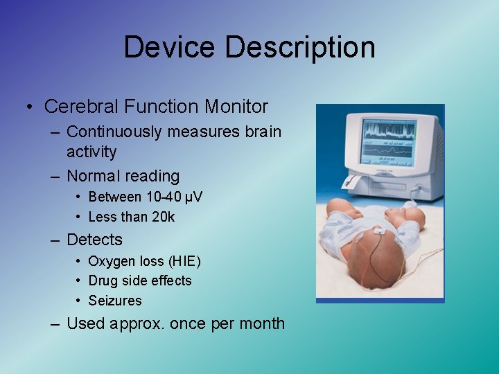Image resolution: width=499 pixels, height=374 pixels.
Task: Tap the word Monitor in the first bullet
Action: tap(236, 107)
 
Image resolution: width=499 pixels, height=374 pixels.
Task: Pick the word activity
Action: tap(91, 152)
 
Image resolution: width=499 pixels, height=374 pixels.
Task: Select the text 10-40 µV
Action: tap(173, 197)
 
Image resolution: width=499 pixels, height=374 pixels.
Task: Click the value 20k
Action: tap(163, 217)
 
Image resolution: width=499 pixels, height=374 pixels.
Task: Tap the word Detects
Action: tap(94, 240)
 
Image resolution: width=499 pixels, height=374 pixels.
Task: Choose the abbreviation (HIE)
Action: tap(184, 261)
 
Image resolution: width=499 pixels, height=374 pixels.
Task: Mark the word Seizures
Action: tap(115, 301)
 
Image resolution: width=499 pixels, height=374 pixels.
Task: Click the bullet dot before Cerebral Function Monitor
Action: tap(30, 107)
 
